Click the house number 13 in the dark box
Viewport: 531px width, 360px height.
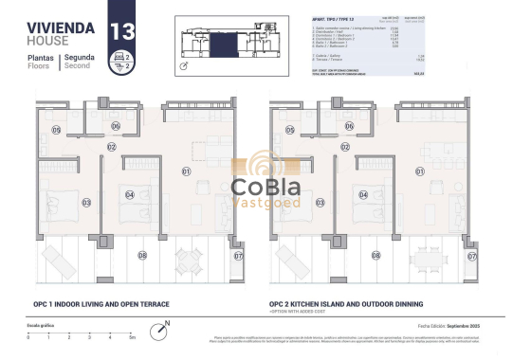point(121,29)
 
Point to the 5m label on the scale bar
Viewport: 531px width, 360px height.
point(132,337)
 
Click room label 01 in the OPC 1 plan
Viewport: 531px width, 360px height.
point(187,171)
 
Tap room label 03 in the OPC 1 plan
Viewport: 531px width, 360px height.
point(60,202)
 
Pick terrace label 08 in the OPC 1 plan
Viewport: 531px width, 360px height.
point(143,255)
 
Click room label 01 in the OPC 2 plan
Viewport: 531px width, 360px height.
point(419,171)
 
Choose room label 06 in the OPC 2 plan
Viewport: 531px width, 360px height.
point(348,126)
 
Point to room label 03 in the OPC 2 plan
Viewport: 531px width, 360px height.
point(292,202)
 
